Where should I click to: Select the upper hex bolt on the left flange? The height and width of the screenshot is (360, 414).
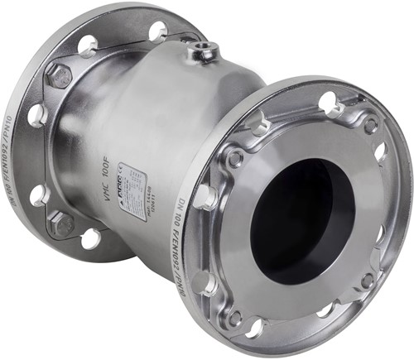click(x=59, y=75)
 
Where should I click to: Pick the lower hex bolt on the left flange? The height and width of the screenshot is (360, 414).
click(x=60, y=223)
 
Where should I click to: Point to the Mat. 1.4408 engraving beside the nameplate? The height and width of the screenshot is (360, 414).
click(x=152, y=198)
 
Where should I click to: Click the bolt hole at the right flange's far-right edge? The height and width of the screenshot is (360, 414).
click(x=380, y=152)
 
